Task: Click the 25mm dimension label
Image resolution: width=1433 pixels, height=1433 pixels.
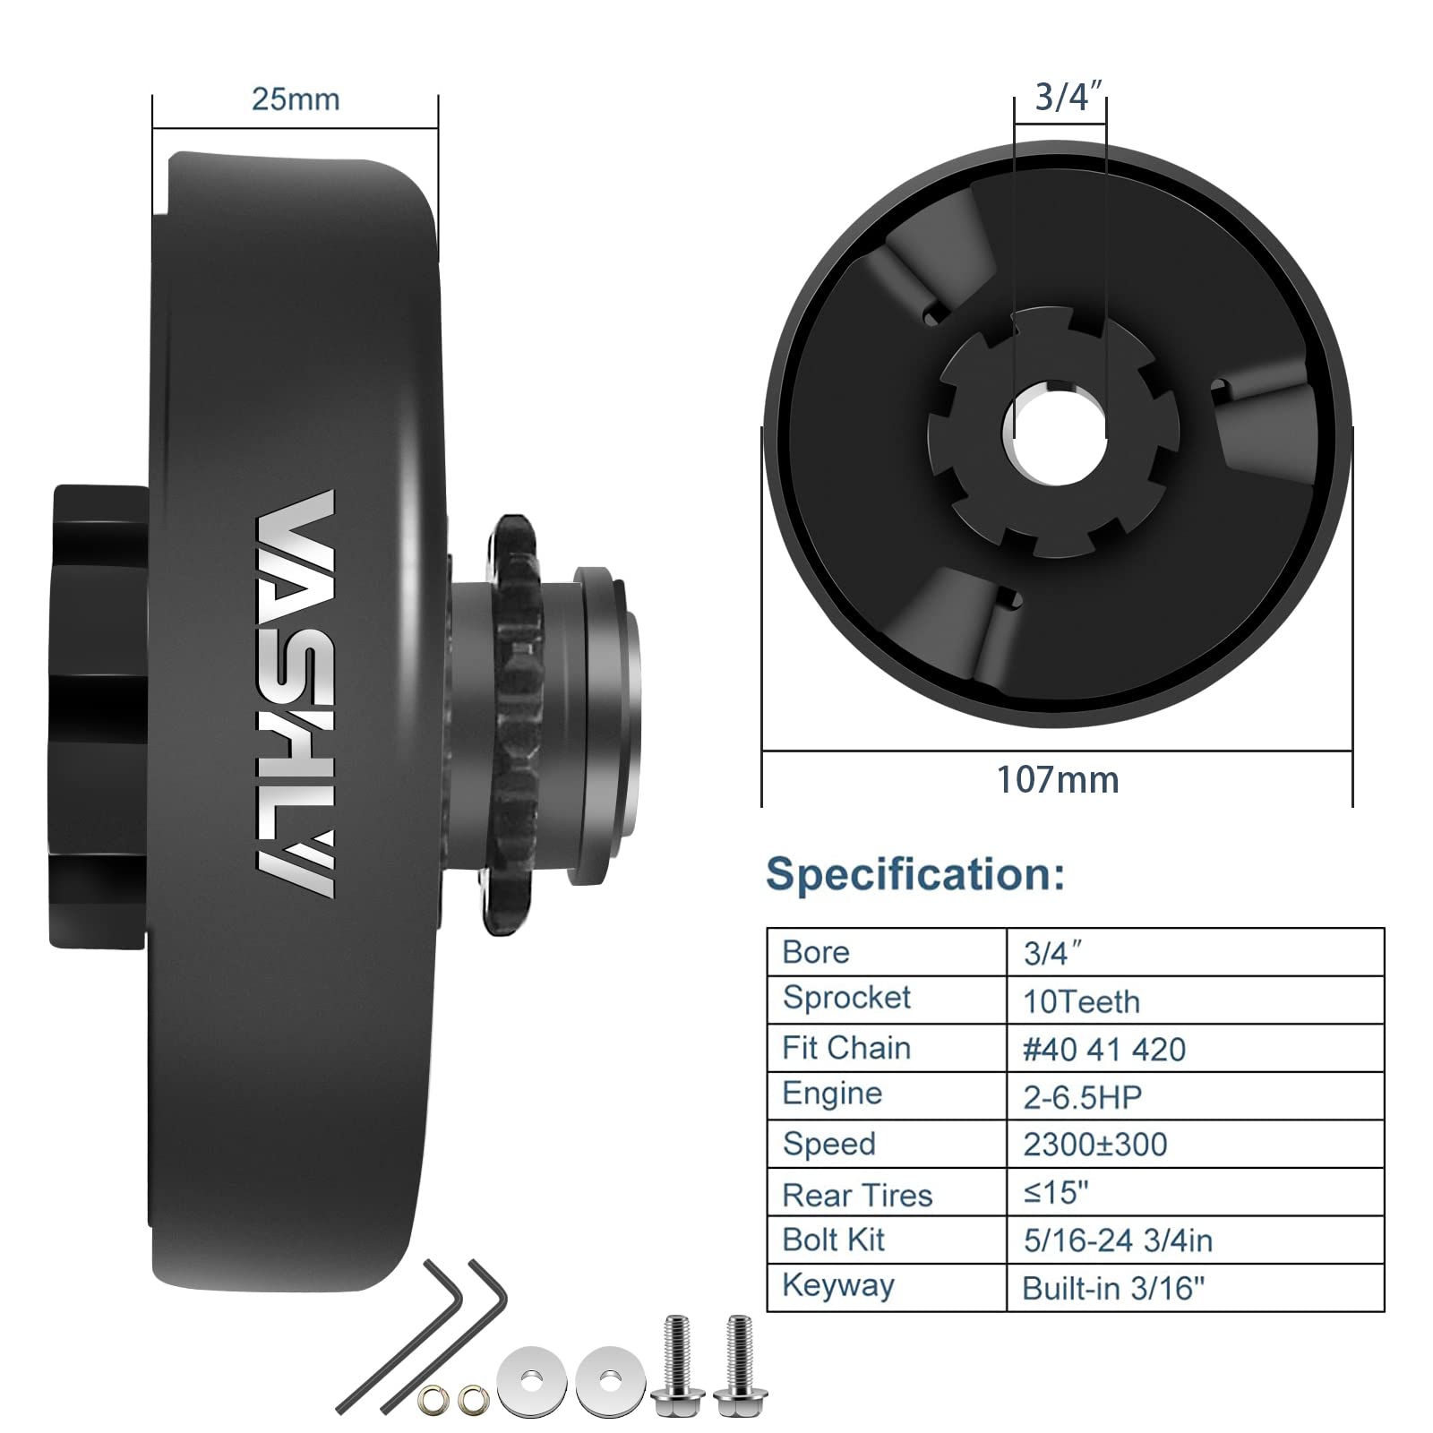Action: tap(296, 99)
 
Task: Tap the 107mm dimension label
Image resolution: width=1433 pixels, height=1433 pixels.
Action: tap(1058, 780)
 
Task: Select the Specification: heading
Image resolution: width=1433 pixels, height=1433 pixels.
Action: tap(915, 873)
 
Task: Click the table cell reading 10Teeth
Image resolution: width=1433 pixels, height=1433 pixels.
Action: tap(1081, 1001)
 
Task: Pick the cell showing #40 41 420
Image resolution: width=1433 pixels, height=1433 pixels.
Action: tap(1104, 1049)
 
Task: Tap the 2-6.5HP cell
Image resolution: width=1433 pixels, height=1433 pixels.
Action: tap(1082, 1097)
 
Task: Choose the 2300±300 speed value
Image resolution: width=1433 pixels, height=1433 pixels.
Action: tap(1094, 1145)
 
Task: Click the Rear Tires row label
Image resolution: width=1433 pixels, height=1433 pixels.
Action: tap(857, 1195)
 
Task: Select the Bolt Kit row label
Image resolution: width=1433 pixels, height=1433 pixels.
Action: tap(833, 1240)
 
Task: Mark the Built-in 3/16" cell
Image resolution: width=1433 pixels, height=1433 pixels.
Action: tap(1113, 1288)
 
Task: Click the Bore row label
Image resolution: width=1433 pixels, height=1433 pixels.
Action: tap(815, 952)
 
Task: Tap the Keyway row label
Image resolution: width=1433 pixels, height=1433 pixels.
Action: tap(838, 1285)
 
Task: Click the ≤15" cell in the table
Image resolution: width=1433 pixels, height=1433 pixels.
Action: tap(1056, 1192)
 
